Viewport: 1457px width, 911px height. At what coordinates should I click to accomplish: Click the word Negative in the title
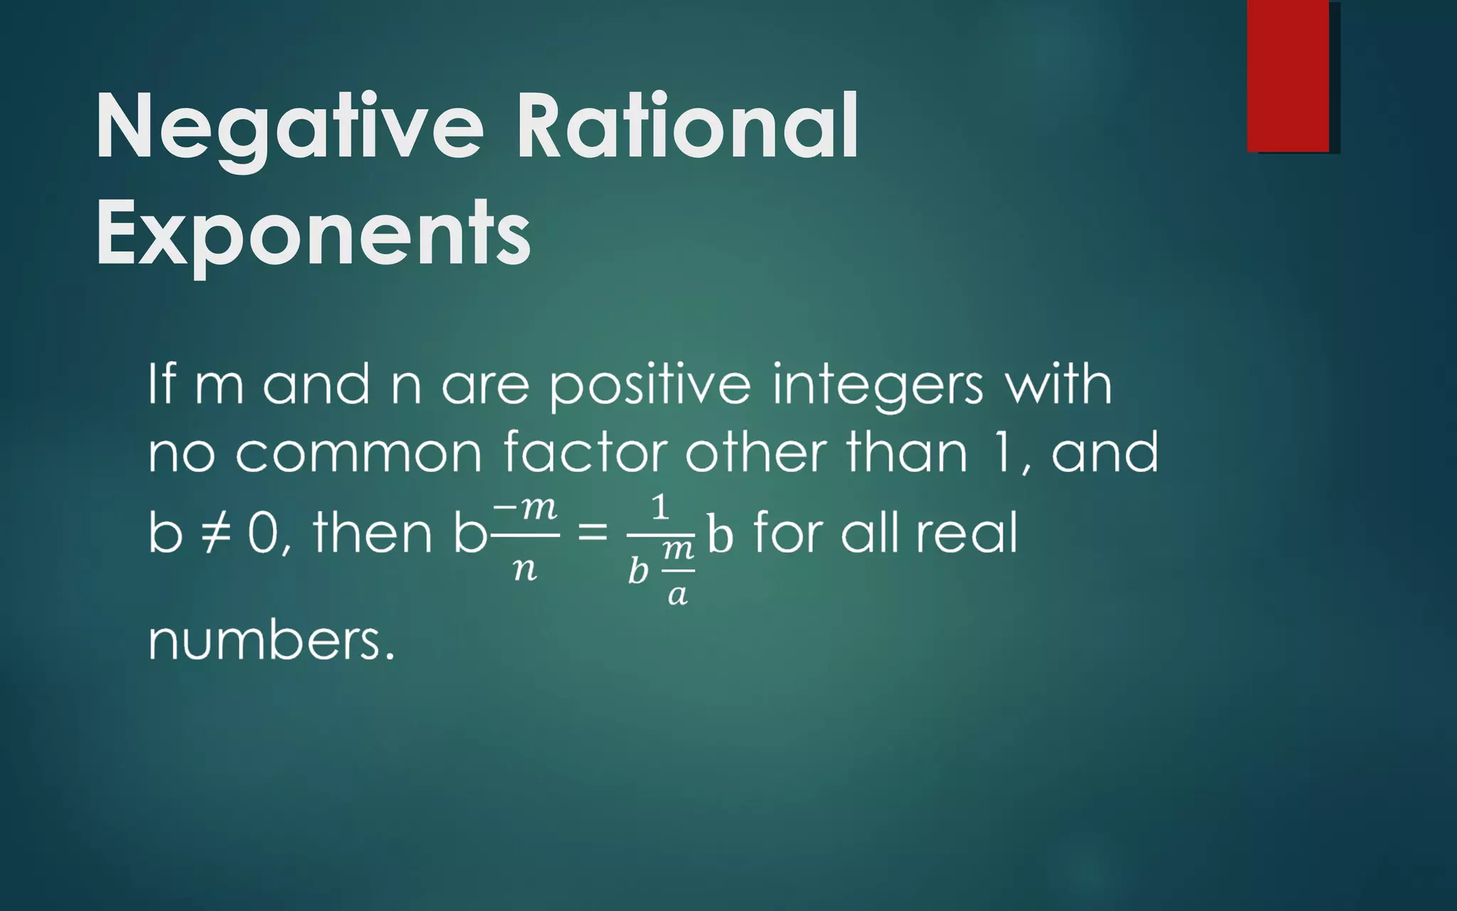(x=288, y=128)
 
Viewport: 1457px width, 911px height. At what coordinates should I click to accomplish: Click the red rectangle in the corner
(x=1288, y=75)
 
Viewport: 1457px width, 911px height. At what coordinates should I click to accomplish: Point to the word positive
(x=650, y=386)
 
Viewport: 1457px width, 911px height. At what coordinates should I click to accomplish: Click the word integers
(x=878, y=386)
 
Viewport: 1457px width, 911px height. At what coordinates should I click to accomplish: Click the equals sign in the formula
(x=593, y=532)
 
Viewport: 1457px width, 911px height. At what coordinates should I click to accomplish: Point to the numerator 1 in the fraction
(x=660, y=508)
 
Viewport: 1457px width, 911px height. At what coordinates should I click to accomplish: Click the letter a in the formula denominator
(x=677, y=594)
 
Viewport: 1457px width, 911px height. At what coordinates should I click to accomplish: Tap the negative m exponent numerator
(x=525, y=508)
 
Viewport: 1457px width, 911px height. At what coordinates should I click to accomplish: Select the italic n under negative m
(x=525, y=569)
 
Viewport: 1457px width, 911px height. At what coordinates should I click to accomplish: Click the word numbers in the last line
(x=270, y=640)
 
